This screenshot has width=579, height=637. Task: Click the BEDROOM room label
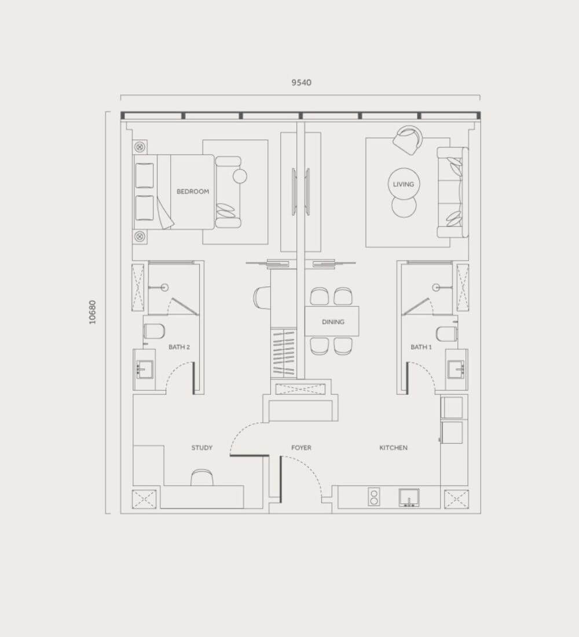point(193,191)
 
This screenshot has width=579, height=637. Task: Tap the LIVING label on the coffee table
point(404,184)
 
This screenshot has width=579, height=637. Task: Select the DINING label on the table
point(333,322)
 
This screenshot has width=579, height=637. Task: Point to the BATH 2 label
point(179,347)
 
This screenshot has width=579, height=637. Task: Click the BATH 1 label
point(422,347)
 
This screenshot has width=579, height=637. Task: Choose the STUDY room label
point(202,448)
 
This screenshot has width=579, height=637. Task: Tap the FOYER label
point(301,448)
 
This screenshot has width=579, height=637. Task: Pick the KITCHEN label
point(393,448)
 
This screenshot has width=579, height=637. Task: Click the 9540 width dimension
point(302,82)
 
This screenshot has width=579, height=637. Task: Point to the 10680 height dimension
point(93,312)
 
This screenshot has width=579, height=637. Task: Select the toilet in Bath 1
point(447,334)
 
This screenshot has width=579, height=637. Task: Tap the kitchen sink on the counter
point(409,497)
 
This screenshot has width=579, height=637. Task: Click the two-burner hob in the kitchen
point(374,497)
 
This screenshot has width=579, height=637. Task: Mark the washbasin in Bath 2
point(145,369)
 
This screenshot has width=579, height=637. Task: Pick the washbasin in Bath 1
point(456,369)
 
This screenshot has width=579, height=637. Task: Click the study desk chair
point(202,477)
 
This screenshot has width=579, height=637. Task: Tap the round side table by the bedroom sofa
point(240,176)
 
